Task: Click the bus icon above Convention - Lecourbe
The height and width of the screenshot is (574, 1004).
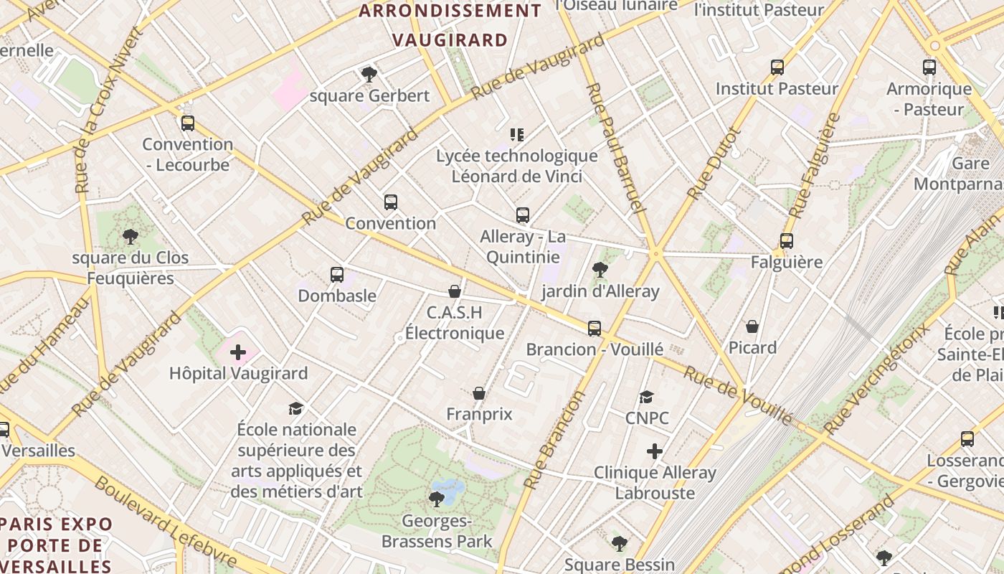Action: tap(188, 123)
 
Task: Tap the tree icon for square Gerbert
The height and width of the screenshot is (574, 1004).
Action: tap(369, 74)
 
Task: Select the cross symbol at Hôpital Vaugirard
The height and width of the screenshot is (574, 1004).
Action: tap(238, 352)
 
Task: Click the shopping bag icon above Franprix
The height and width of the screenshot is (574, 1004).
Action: tap(479, 393)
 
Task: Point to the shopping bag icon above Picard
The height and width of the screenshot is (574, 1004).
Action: tap(752, 326)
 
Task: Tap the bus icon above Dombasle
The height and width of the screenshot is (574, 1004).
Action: tap(337, 274)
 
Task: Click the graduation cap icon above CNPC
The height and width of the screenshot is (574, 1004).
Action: tap(647, 397)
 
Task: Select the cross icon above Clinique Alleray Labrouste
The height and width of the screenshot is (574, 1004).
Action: tap(654, 451)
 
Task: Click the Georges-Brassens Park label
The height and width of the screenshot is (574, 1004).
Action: tap(437, 531)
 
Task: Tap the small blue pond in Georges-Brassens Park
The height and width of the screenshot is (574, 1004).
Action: tap(449, 491)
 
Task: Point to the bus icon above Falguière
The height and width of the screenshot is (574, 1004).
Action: tap(787, 241)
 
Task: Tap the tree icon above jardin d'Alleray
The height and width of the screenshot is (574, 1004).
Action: tap(600, 270)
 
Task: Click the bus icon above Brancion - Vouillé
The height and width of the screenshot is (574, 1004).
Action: tap(595, 329)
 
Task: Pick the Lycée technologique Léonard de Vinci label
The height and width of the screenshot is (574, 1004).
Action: tap(516, 166)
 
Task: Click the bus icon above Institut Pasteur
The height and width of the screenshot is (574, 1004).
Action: tap(777, 67)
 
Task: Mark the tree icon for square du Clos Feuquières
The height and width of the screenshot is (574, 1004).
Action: tap(131, 236)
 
